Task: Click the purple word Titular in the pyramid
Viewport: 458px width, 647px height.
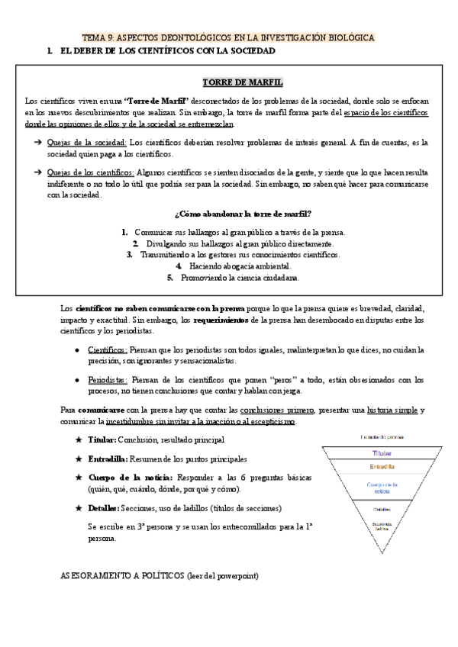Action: click(382, 452)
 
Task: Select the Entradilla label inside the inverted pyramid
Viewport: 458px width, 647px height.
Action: click(382, 466)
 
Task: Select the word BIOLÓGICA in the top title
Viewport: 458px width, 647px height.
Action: click(346, 37)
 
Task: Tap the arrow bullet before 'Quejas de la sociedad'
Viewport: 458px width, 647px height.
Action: click(37, 143)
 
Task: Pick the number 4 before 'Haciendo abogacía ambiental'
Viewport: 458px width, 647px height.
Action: click(178, 266)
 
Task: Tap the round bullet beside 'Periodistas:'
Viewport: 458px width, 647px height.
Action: click(77, 379)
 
